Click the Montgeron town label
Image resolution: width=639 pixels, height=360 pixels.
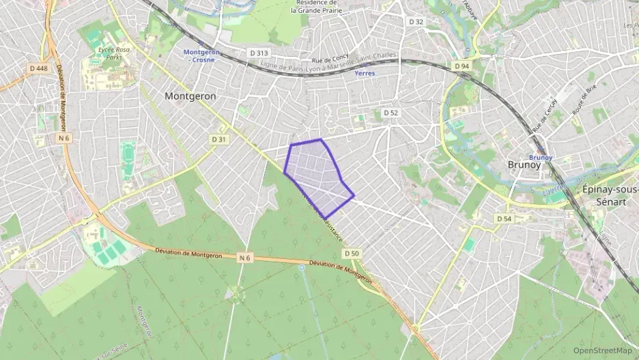pos(190,96)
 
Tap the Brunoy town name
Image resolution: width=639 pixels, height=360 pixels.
pos(524,165)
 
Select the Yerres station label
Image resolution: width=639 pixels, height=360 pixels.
pos(365,73)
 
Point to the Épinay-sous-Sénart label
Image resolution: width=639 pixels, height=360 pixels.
pos(609,196)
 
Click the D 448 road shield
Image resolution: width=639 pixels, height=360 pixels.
pos(39,68)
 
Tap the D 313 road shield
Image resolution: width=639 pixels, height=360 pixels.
pos(257,53)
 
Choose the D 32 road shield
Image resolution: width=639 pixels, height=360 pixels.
pos(416,22)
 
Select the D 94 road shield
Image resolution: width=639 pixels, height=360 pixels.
pos(462,66)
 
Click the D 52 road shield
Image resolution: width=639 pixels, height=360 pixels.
pos(390,113)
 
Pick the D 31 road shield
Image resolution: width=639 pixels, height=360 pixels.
pos(218,139)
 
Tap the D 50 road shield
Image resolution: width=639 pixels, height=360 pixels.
pos(352,253)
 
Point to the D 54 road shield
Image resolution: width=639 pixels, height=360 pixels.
pos(504,218)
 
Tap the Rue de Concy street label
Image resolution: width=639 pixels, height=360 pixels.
pos(330,60)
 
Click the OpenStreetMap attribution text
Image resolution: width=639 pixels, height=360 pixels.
pos(602,350)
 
